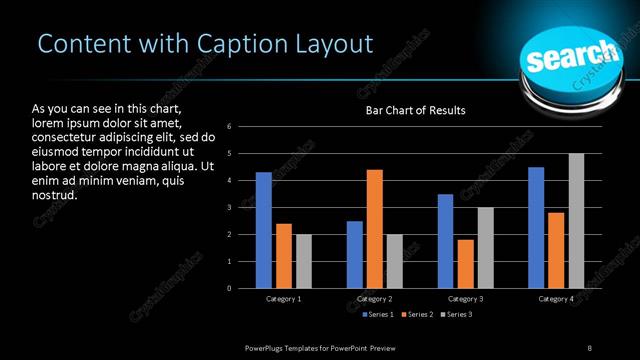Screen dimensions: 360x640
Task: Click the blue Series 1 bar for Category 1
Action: (x=264, y=230)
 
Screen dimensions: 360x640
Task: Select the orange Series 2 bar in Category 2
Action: (x=375, y=229)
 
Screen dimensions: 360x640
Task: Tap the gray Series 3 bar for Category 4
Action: (x=576, y=221)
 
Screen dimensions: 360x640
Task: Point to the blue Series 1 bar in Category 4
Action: (x=536, y=228)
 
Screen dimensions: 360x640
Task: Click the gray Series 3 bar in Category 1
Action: (x=304, y=261)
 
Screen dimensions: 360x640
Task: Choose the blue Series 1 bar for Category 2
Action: (x=355, y=255)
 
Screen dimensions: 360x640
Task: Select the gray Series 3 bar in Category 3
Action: (x=486, y=248)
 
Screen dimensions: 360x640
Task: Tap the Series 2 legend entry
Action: (x=417, y=315)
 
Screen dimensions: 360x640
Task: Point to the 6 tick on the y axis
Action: (x=230, y=127)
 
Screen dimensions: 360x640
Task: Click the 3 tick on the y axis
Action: (x=230, y=208)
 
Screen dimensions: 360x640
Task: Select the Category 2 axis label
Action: (x=375, y=299)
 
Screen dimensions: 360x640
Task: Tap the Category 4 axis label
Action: (x=556, y=299)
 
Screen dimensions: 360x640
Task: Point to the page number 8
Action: (x=590, y=347)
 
